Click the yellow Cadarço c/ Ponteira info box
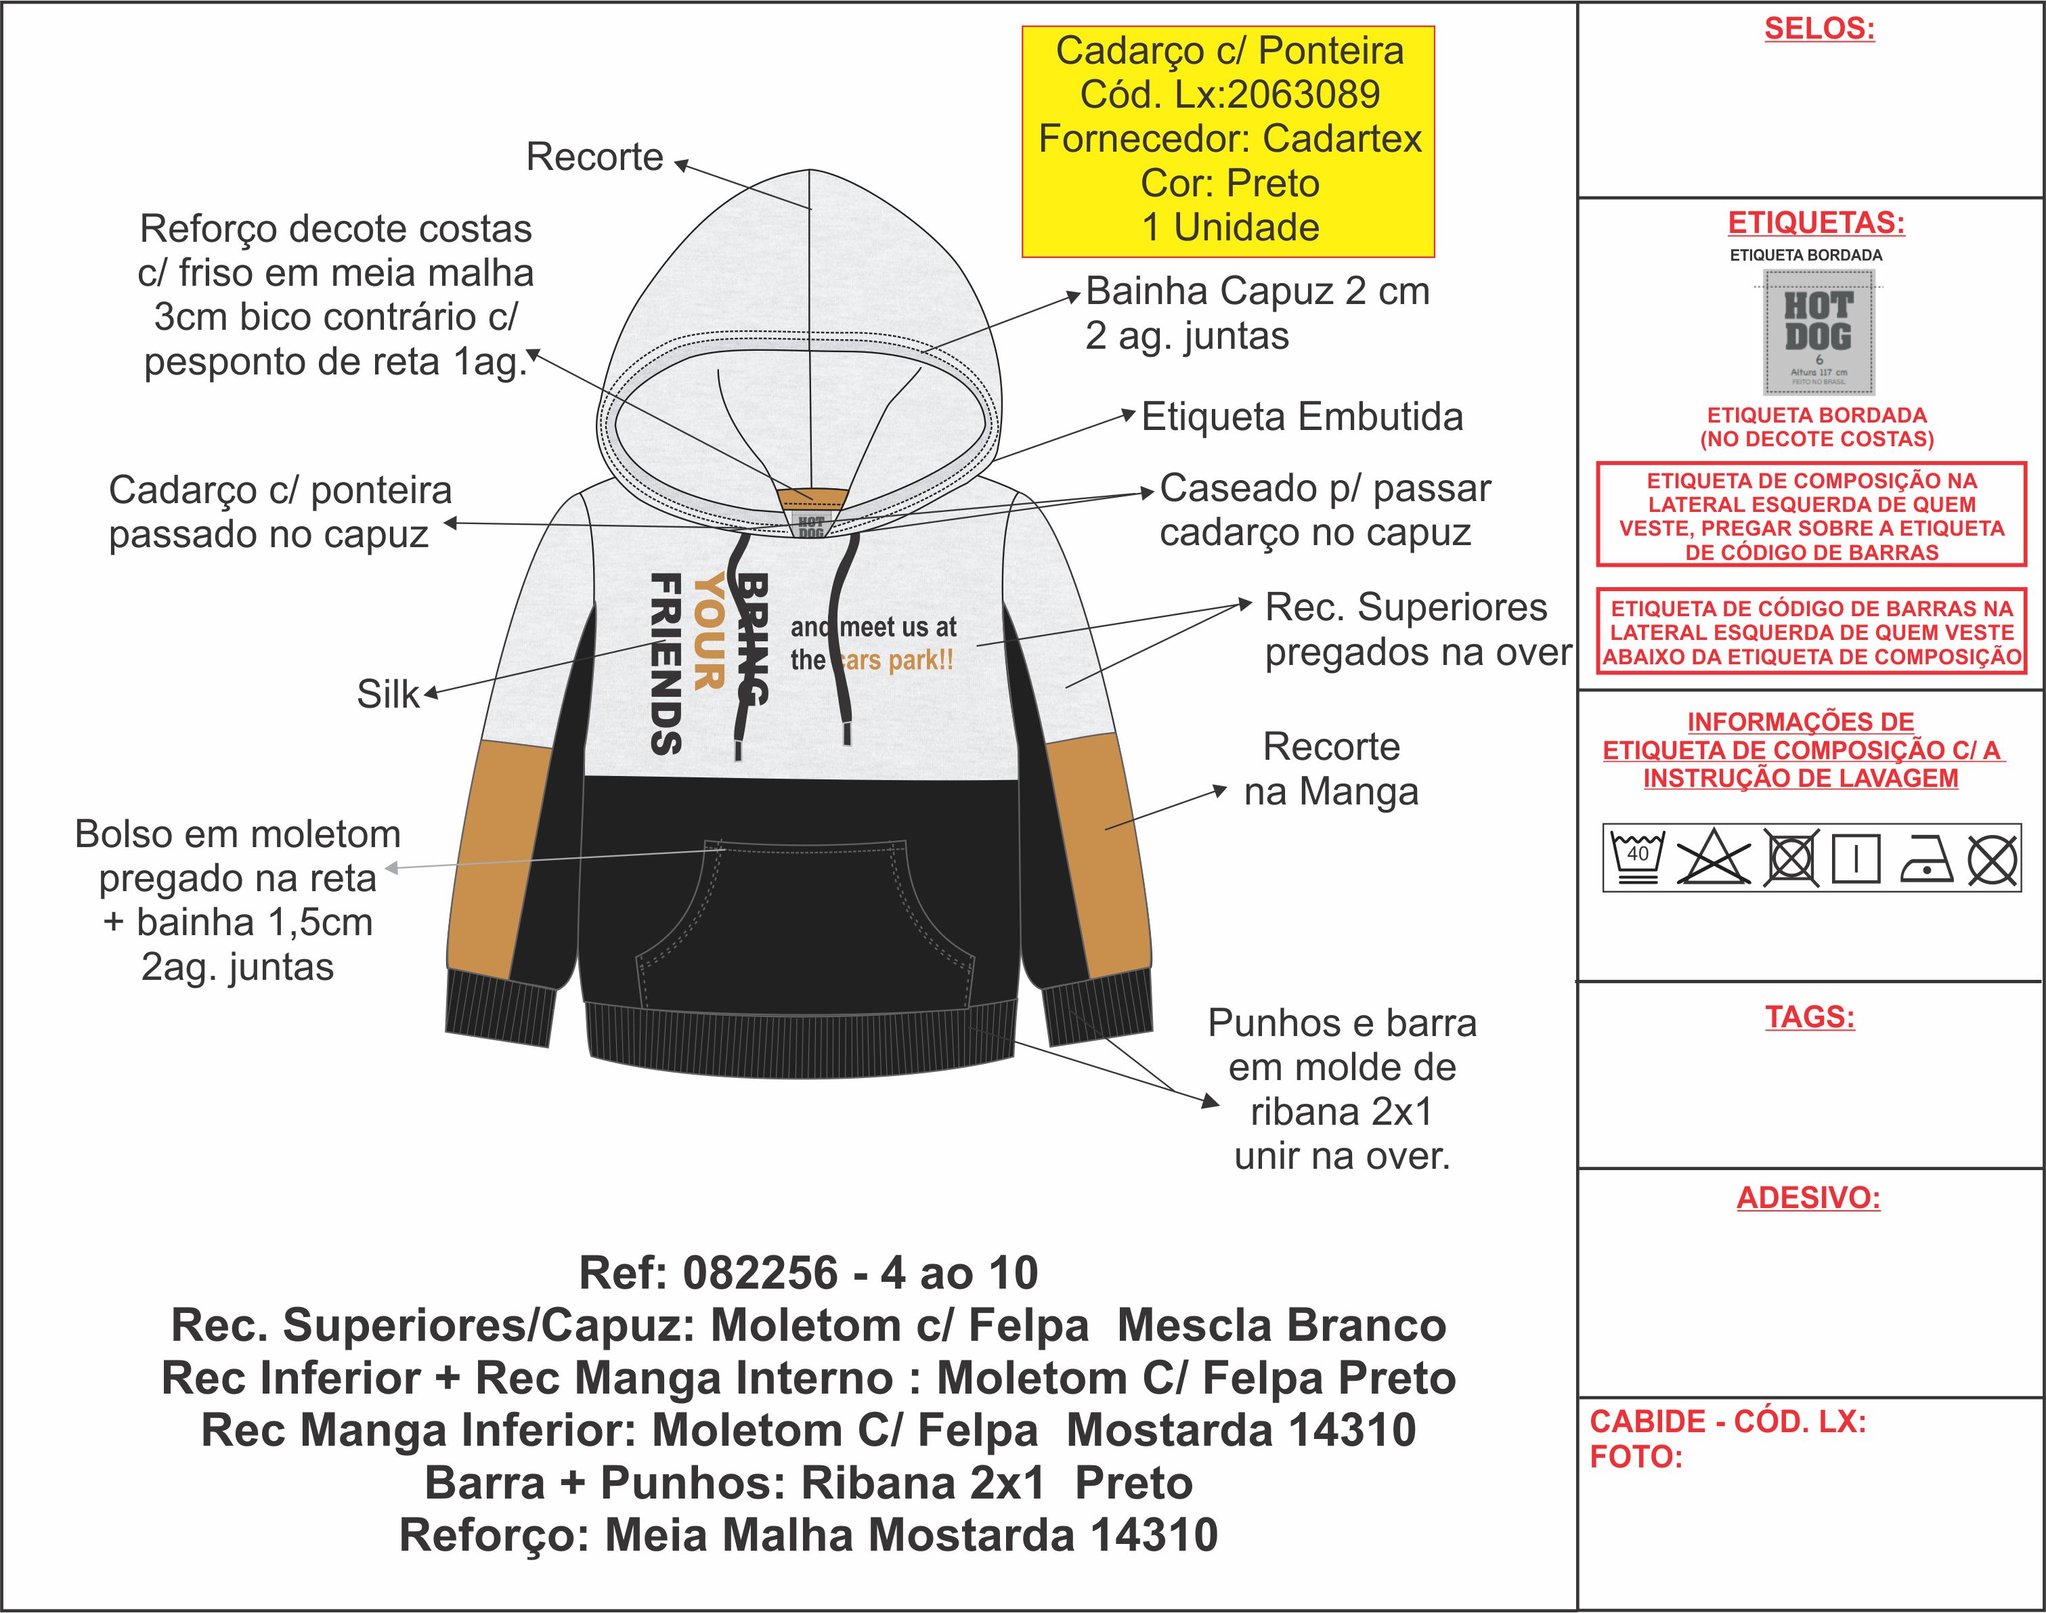(1227, 141)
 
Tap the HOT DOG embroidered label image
(1819, 332)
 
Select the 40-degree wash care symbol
(1637, 857)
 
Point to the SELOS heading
(1819, 29)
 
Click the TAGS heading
(1810, 1017)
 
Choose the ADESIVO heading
(1808, 1197)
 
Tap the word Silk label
(387, 694)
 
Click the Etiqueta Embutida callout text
(1302, 416)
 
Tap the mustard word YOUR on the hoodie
(708, 631)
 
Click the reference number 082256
(760, 1273)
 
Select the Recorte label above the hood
(595, 157)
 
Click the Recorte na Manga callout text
(1331, 769)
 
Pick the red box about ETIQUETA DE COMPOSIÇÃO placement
(1811, 515)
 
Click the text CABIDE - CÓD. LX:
(1727, 1421)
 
